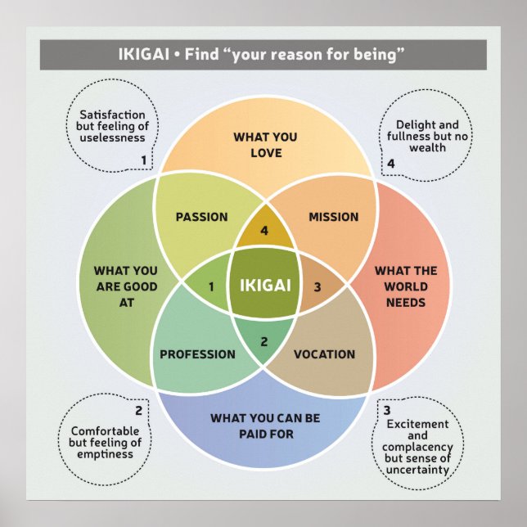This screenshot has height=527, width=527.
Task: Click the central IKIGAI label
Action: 263,286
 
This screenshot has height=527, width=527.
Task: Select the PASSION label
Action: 201,217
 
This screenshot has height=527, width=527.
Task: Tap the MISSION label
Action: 333,217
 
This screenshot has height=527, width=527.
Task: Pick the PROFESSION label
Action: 197,354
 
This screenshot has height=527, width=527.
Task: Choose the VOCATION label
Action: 324,354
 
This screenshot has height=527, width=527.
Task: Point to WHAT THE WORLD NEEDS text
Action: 406,286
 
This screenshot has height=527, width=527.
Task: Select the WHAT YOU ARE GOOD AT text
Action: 125,286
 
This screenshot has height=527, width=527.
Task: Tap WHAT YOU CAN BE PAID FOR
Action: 264,426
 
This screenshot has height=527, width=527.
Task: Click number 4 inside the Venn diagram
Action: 263,232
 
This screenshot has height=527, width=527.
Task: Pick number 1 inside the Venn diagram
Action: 211,286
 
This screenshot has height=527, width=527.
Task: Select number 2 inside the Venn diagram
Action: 263,341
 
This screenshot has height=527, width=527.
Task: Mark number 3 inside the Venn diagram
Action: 318,286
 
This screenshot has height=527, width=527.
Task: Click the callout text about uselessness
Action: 112,126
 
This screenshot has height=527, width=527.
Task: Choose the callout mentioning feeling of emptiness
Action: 106,442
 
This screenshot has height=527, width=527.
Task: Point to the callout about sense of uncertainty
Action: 417,447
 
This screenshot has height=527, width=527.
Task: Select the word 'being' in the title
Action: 377,56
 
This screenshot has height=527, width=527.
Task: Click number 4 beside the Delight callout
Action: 390,164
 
